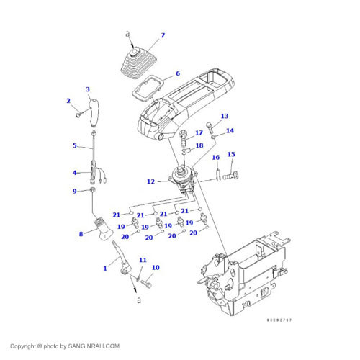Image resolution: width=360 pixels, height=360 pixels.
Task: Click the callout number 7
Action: pyautogui.click(x=163, y=35)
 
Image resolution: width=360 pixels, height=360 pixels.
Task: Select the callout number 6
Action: pyautogui.click(x=178, y=73)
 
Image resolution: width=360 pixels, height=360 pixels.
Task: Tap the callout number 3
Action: pyautogui.click(x=88, y=90)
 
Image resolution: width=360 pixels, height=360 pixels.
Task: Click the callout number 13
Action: pyautogui.click(x=224, y=116)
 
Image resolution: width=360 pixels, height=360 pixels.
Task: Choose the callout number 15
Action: pyautogui.click(x=231, y=154)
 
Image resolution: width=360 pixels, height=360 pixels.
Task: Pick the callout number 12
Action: pyautogui.click(x=150, y=181)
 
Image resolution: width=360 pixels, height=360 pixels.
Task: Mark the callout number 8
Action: pyautogui.click(x=80, y=233)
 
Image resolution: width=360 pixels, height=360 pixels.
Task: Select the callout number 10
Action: pyautogui.click(x=155, y=268)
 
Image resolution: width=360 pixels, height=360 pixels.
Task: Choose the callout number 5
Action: pyautogui.click(x=74, y=145)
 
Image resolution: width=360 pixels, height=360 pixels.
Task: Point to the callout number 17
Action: pyautogui.click(x=199, y=133)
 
